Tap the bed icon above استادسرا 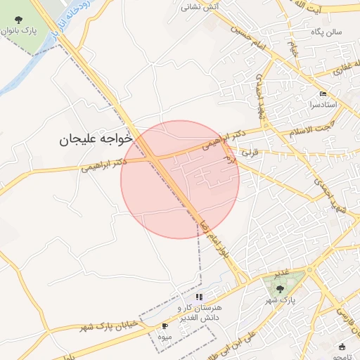[x=323, y=94]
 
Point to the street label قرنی [x=250, y=150]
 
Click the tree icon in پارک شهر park [x=281, y=288]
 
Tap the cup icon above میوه [x=165, y=326]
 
